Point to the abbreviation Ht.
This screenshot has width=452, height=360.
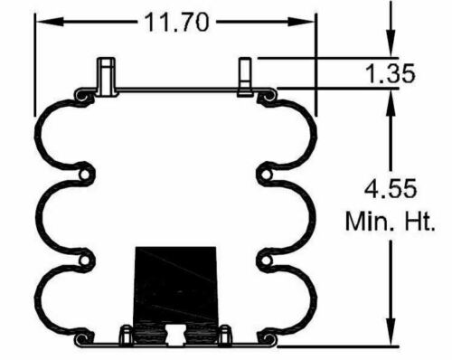[x=415, y=220]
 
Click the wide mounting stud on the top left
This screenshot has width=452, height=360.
[x=108, y=76]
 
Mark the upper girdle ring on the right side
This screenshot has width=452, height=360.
[x=266, y=173]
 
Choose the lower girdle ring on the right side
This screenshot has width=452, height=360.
[x=266, y=261]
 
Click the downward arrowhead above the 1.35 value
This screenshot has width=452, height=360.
[x=391, y=49]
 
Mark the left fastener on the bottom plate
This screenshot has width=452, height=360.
[x=127, y=335]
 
